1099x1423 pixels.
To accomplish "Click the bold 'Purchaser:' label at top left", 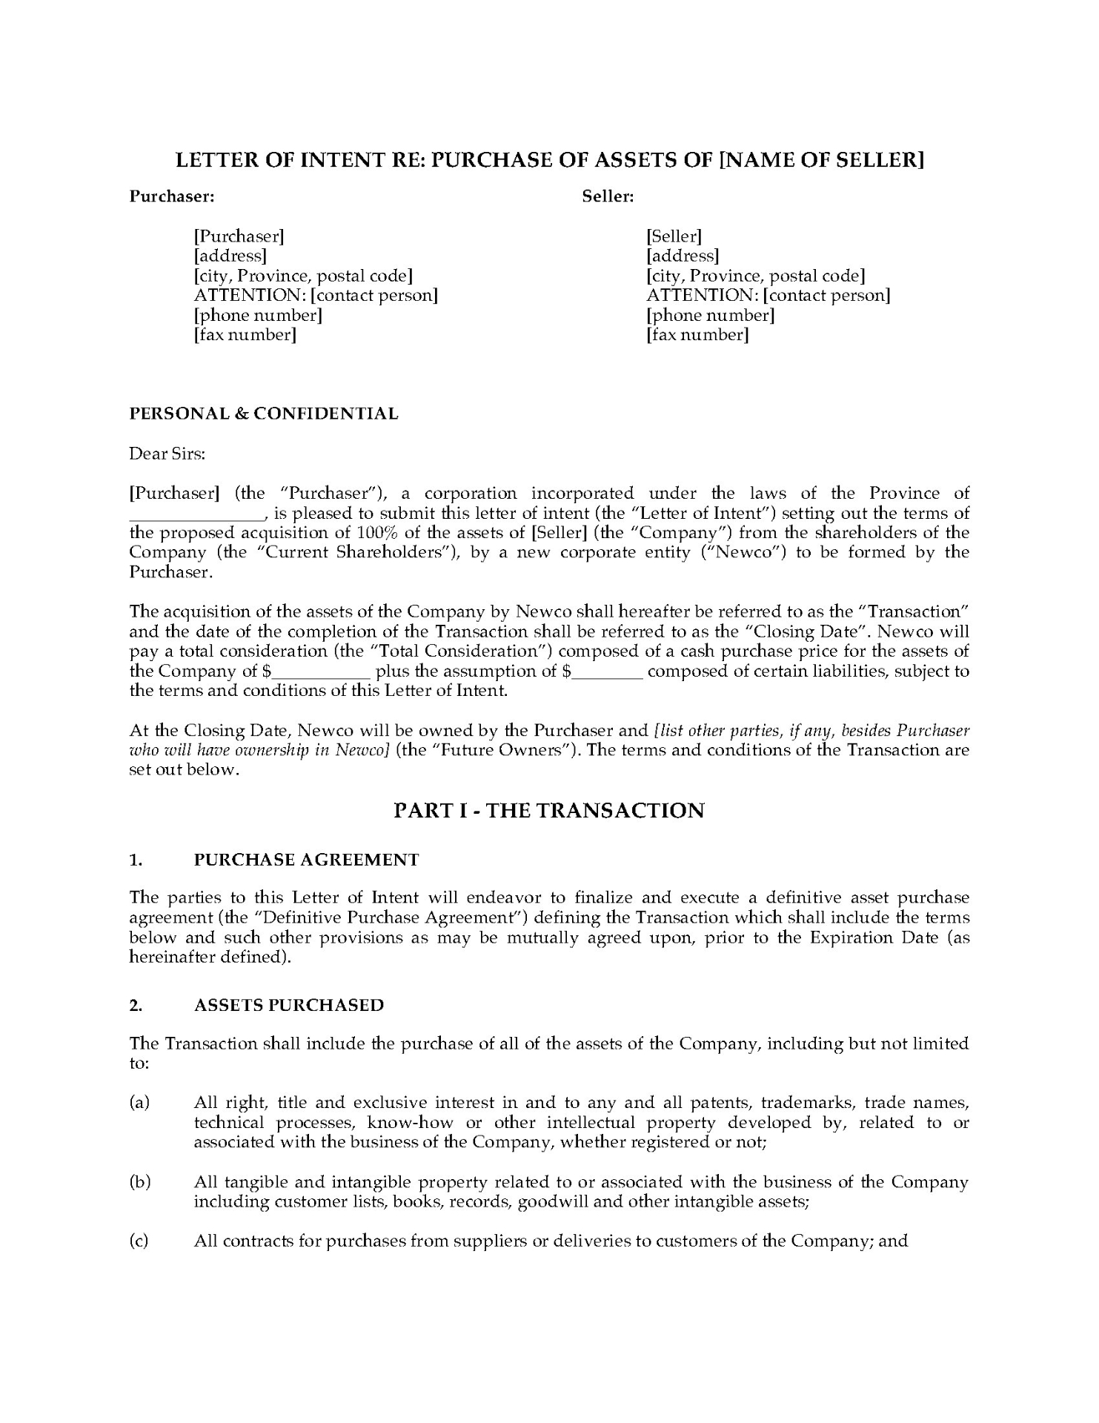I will point(172,196).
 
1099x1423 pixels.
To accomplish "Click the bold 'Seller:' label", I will point(608,196).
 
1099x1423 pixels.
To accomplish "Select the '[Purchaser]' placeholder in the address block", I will point(239,236).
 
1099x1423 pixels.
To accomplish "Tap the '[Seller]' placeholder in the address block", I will point(674,236).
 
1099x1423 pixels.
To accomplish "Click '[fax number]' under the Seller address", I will point(697,335).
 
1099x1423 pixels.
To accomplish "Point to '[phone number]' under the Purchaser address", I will point(258,315).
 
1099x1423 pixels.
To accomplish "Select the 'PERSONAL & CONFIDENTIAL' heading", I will point(264,414).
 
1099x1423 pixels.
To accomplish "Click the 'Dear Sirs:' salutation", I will point(167,454).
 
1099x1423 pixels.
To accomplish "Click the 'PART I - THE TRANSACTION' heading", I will point(548,810).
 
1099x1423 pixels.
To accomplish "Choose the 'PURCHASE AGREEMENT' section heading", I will point(306,860).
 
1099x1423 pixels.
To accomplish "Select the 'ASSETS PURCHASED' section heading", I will point(289,1005).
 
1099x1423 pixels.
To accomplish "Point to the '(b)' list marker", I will point(139,1181).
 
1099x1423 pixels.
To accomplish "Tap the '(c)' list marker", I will point(139,1241).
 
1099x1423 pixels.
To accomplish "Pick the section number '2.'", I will point(136,1005).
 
